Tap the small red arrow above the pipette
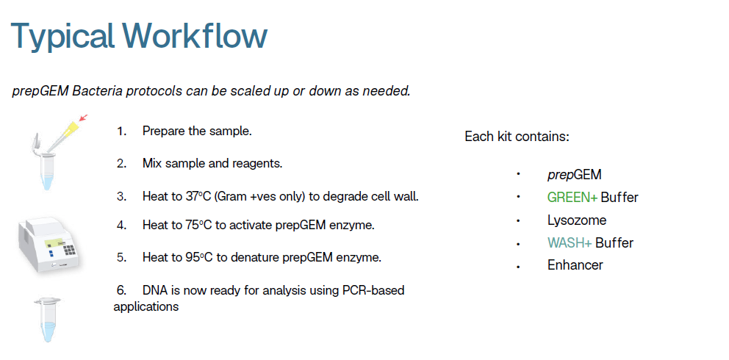click(83, 118)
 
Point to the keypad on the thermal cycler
click(69, 249)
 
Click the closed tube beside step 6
click(48, 320)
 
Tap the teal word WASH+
click(570, 242)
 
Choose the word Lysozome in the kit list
click(577, 220)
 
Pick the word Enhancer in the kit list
click(575, 265)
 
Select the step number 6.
click(121, 291)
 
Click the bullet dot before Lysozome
click(518, 220)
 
